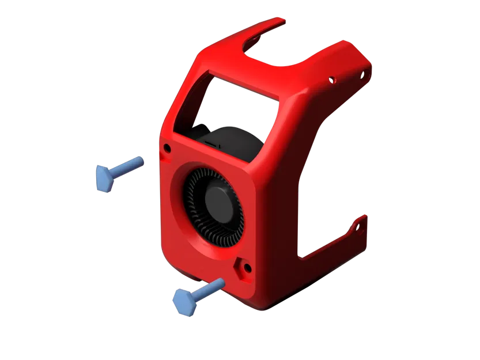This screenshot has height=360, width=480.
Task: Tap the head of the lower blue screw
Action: pyautogui.click(x=185, y=301)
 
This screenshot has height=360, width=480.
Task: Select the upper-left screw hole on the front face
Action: pyautogui.click(x=167, y=149)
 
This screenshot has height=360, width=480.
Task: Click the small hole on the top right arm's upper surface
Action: pyautogui.click(x=332, y=79)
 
